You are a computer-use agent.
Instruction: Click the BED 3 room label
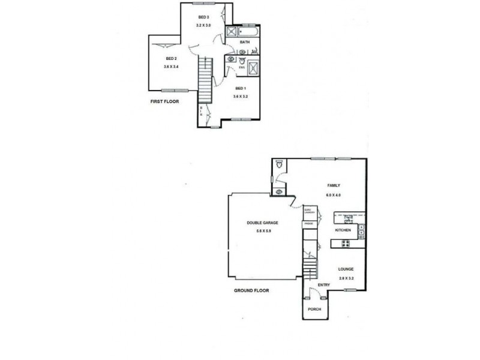tap(203, 17)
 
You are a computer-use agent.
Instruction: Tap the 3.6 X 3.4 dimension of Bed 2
tap(172, 67)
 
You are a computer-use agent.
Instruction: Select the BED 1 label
tap(241, 88)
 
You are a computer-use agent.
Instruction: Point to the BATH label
tap(244, 43)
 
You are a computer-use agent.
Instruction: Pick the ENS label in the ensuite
tap(241, 68)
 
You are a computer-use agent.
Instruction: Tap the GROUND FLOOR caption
tap(251, 290)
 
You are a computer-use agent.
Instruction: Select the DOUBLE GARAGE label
tap(262, 223)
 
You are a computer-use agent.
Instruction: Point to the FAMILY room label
tap(334, 185)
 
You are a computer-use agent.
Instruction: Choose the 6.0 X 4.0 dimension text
tap(334, 194)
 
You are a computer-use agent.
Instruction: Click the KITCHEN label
tap(343, 230)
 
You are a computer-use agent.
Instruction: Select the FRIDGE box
tap(309, 223)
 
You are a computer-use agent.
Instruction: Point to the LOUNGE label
tap(347, 269)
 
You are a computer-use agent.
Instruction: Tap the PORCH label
tap(314, 309)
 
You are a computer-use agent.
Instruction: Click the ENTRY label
tap(324, 285)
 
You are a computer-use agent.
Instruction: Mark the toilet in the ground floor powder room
tap(279, 163)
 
